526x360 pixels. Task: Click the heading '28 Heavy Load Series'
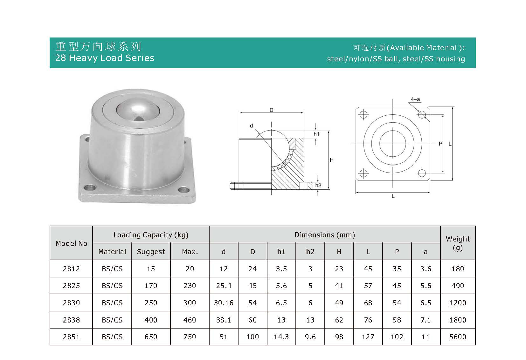pos(104,58)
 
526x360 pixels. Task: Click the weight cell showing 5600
pos(457,337)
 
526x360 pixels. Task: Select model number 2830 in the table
pos(71,303)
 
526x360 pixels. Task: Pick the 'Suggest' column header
pos(151,252)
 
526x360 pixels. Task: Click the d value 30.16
pos(224,303)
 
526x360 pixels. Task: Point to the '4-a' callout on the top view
pos(415,99)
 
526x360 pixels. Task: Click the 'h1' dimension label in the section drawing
pos(316,134)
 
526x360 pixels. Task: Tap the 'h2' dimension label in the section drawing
pos(318,185)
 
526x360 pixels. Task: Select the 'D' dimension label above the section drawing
pos(271,110)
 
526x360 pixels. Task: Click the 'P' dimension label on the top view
pos(440,144)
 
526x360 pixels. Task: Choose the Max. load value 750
pos(190,337)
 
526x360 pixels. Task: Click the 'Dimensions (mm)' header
pos(324,235)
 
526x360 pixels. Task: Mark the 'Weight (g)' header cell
pos(457,243)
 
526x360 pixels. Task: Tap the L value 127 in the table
pos(368,337)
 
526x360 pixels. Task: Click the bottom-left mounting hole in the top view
pos(363,173)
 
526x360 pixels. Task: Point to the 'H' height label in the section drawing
pos(331,160)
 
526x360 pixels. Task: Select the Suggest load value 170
pos(151,286)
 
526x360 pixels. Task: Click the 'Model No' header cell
pos(71,243)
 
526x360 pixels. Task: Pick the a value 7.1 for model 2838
pos(426,320)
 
